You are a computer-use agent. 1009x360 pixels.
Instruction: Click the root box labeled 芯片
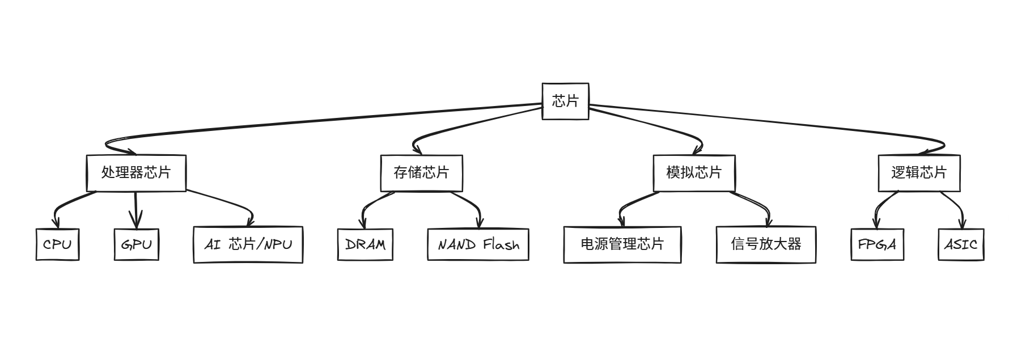(565, 101)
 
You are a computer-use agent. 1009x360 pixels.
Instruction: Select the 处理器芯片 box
(136, 173)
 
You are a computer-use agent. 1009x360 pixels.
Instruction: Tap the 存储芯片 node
(421, 173)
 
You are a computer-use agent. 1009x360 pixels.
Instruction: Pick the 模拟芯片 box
(694, 173)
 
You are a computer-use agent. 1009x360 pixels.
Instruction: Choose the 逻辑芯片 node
(919, 173)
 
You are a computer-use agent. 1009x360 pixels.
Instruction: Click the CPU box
(57, 244)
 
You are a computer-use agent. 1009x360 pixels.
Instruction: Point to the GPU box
(136, 244)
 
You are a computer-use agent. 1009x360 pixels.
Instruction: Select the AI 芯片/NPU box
(248, 244)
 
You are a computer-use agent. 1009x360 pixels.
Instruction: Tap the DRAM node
(365, 244)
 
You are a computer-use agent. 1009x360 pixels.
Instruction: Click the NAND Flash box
(478, 244)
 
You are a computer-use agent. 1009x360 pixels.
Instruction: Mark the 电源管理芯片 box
(622, 244)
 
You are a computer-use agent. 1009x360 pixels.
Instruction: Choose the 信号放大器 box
(766, 244)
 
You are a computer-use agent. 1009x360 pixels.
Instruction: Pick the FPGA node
(877, 244)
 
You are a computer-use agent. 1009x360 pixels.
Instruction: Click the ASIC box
(961, 244)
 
